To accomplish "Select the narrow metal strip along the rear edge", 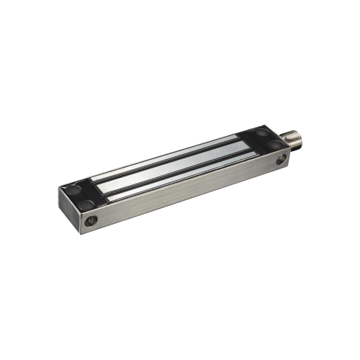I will pyautogui.click(x=173, y=154).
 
